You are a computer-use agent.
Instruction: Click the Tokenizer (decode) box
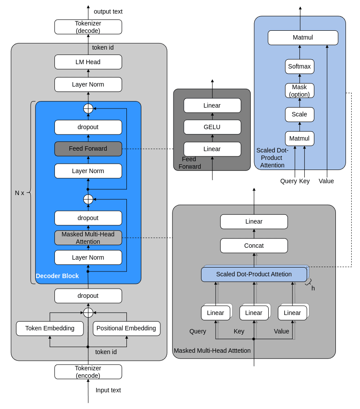[x=88, y=27]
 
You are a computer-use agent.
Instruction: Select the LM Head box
[x=88, y=62]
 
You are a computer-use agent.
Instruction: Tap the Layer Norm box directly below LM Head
[x=88, y=84]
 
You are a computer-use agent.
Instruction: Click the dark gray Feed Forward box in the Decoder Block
[x=88, y=148]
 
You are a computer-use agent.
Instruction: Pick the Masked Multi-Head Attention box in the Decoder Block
[x=88, y=238]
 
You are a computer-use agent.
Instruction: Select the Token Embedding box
[x=50, y=328]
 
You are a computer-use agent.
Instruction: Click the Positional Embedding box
[x=126, y=328]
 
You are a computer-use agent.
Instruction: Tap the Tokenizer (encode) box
[x=88, y=372]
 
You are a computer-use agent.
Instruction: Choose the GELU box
[x=212, y=127]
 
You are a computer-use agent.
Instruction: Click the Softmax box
[x=299, y=66]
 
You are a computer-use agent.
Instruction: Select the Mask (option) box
[x=299, y=90]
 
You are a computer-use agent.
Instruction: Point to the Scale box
[x=299, y=114]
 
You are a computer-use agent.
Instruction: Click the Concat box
[x=254, y=246]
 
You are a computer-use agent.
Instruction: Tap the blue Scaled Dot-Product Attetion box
[x=254, y=274]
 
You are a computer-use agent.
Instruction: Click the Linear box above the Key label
[x=254, y=313]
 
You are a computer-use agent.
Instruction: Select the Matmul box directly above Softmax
[x=303, y=37]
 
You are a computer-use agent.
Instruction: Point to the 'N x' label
[x=19, y=193]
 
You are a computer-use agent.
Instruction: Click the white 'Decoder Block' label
[x=57, y=276]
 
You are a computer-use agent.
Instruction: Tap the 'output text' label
[x=108, y=11]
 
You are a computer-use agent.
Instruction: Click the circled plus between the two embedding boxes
[x=88, y=312]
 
